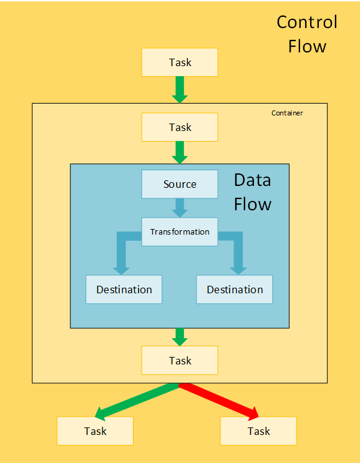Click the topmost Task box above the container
180,62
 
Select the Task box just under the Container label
180,127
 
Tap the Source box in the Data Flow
180,184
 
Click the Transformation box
180,232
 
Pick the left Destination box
124,290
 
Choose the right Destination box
235,290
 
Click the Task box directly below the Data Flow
180,361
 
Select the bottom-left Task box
95,431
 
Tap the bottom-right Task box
258,431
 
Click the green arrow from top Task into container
180,89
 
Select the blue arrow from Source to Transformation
180,207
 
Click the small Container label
287,113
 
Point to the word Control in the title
306,23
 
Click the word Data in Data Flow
252,180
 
